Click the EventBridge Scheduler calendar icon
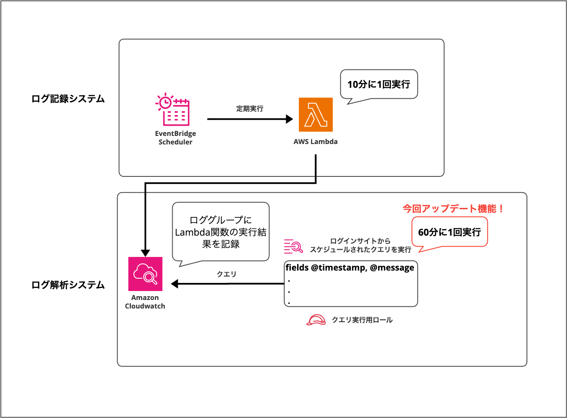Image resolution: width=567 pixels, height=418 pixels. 173,110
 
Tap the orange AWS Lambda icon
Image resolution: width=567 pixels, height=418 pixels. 315,115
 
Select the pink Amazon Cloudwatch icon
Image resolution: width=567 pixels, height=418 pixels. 145,274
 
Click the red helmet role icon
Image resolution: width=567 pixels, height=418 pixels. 316,320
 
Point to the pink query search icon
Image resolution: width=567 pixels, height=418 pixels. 293,246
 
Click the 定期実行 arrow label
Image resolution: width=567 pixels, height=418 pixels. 250,109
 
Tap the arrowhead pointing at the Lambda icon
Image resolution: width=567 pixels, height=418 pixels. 289,119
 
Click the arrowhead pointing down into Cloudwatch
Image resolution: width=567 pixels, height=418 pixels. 145,253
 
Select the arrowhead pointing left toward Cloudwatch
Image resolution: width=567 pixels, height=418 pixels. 175,283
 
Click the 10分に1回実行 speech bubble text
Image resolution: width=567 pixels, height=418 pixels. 379,84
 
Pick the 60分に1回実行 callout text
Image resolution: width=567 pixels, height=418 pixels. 449,232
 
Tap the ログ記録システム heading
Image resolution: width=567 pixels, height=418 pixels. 68,99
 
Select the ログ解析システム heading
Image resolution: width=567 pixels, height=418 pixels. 68,285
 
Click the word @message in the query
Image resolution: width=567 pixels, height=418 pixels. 392,268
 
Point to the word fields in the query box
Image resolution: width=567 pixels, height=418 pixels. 297,268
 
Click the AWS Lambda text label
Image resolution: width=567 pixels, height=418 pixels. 315,142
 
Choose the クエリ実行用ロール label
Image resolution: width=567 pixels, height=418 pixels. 362,320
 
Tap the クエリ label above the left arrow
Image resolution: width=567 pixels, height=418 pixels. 226,274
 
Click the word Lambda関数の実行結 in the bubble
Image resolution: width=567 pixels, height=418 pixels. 220,232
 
